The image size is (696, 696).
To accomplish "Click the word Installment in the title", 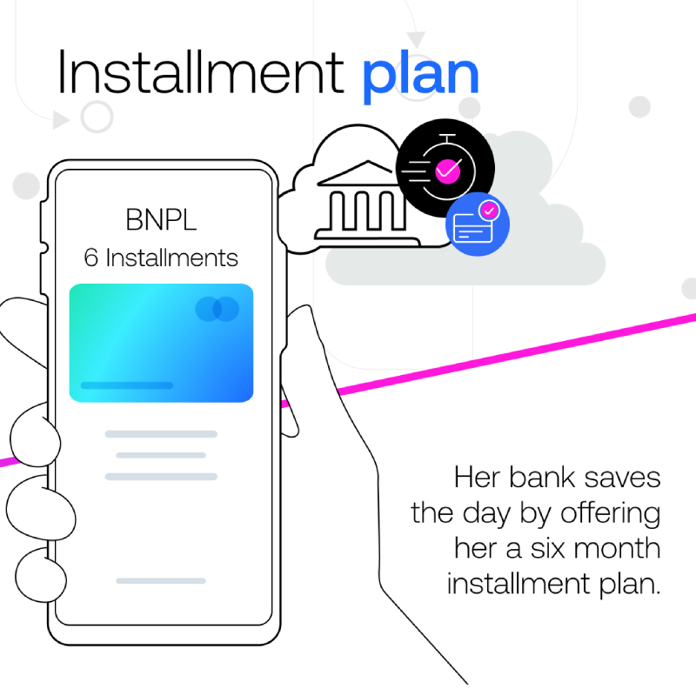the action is click(201, 72).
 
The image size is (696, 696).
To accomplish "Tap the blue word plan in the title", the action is click(421, 77).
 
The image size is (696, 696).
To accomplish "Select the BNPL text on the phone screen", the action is click(161, 219).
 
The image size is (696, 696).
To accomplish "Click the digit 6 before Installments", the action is click(91, 258).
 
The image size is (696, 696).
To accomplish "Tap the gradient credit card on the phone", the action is click(161, 343).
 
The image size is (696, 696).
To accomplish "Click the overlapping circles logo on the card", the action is click(217, 309).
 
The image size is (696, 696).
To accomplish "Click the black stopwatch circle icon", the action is click(445, 168).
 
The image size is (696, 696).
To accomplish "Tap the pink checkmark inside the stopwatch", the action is click(447, 171).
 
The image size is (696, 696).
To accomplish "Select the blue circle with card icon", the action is click(478, 224).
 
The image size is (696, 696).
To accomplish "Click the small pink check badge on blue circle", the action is click(489, 211).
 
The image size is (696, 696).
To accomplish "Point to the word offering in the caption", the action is click(611, 515).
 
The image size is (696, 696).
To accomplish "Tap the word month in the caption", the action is click(617, 548).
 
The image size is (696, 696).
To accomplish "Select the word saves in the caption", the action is click(622, 479).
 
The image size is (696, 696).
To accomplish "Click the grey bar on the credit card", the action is click(127, 385).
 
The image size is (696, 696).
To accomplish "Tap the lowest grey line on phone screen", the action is click(161, 580).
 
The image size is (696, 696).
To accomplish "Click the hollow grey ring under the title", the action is click(97, 117).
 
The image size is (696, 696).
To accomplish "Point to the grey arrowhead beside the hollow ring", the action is click(61, 120).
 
